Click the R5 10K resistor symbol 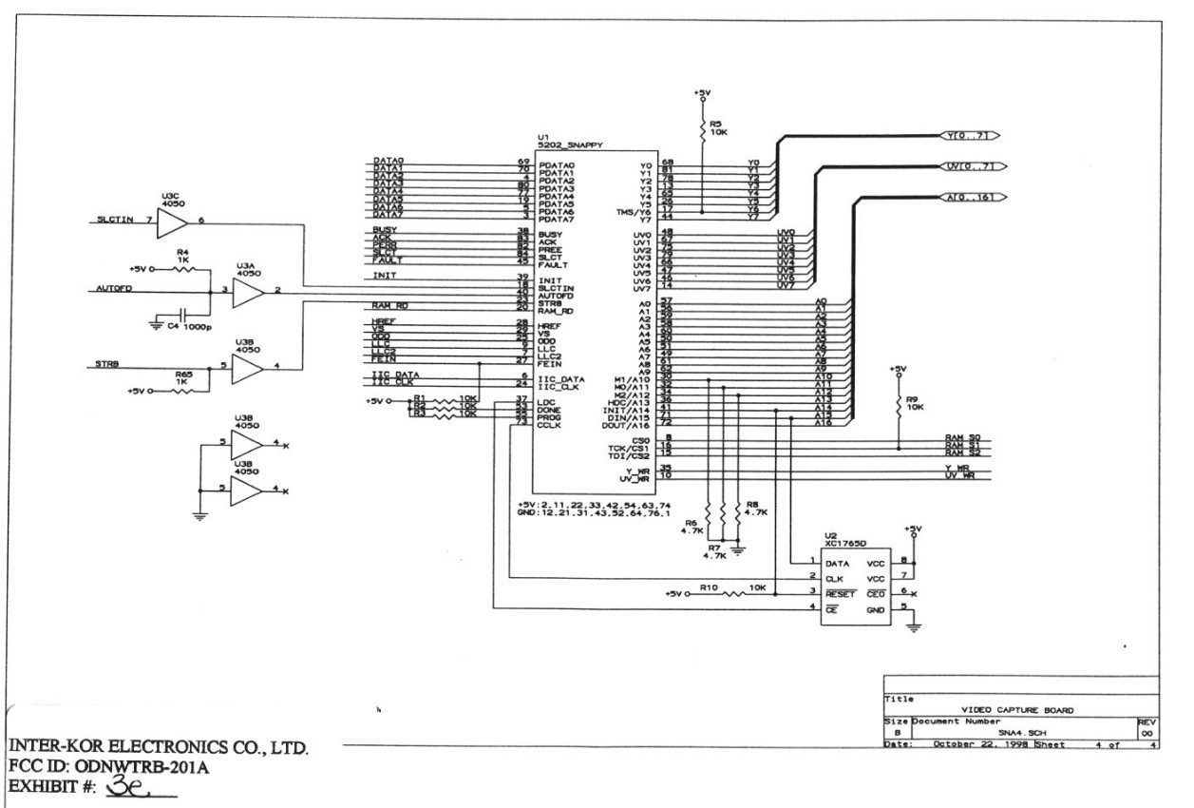pyautogui.click(x=703, y=125)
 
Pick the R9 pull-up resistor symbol pyautogui.click(x=899, y=406)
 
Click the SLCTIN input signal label pyautogui.click(x=115, y=222)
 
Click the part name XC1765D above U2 pyautogui.click(x=843, y=546)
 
